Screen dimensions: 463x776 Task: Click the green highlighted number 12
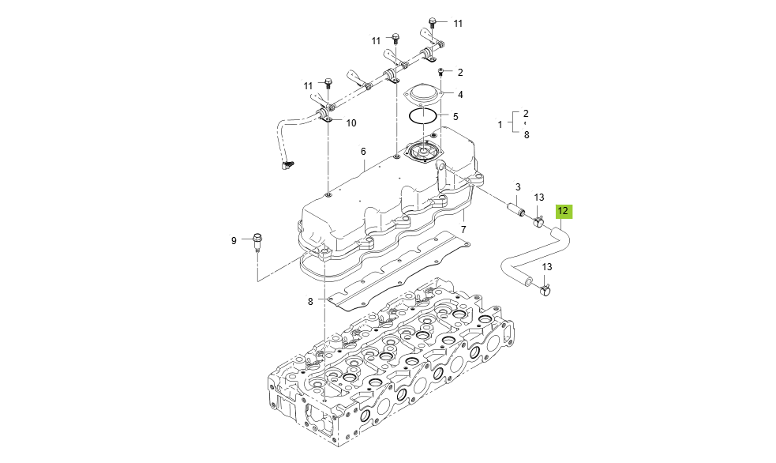pyautogui.click(x=563, y=211)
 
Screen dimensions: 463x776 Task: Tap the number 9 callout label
pyautogui.click(x=234, y=240)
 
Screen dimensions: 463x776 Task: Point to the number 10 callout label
pyautogui.click(x=351, y=123)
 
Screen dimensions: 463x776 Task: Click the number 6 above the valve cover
pyautogui.click(x=364, y=152)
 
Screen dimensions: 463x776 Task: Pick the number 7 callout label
pyautogui.click(x=463, y=230)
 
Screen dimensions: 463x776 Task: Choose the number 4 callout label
pyautogui.click(x=460, y=94)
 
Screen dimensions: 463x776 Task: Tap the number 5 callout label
pyautogui.click(x=455, y=116)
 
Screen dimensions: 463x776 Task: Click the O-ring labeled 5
pyautogui.click(x=424, y=116)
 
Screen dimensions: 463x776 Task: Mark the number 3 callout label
pyautogui.click(x=518, y=187)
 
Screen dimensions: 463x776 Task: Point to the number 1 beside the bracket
pyautogui.click(x=500, y=125)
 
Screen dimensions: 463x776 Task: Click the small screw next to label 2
pyautogui.click(x=441, y=73)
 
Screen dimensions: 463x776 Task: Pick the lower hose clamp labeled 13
pyautogui.click(x=545, y=292)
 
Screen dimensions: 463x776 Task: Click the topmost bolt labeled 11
pyautogui.click(x=433, y=22)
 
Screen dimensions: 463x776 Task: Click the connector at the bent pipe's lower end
pyautogui.click(x=287, y=164)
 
